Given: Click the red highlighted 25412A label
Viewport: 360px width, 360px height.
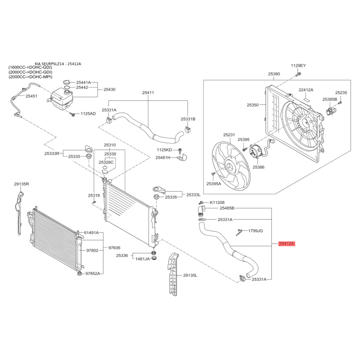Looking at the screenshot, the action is pyautogui.click(x=286, y=243).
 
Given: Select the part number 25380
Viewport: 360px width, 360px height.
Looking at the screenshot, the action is pyautogui.click(x=274, y=74).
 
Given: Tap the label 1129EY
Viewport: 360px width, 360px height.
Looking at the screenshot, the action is pyautogui.click(x=298, y=66).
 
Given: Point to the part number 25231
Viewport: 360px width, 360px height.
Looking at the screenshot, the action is pyautogui.click(x=229, y=135).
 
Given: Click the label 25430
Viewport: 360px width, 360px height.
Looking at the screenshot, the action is pyautogui.click(x=109, y=90).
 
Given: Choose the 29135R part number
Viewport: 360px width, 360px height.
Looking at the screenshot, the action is pyautogui.click(x=21, y=184).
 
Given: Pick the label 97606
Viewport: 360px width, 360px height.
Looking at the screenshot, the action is pyautogui.click(x=114, y=248).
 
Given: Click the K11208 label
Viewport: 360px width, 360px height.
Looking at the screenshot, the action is pyautogui.click(x=217, y=202).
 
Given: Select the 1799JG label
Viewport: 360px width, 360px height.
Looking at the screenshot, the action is pyautogui.click(x=256, y=231).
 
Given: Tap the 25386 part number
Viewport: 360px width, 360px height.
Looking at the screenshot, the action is pyautogui.click(x=258, y=167).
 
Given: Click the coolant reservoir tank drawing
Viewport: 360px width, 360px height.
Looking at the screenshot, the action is pyautogui.click(x=61, y=99).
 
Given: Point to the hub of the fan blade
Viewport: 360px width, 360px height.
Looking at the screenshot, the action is pyautogui.click(x=229, y=167).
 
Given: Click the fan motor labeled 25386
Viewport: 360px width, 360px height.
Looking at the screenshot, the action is pyautogui.click(x=255, y=152).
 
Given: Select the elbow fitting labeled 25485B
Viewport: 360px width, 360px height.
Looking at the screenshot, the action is pyautogui.click(x=201, y=211).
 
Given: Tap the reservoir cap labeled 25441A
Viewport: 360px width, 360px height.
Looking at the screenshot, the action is pyautogui.click(x=67, y=82).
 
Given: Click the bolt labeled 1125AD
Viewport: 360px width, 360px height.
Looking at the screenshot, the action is pyautogui.click(x=72, y=114).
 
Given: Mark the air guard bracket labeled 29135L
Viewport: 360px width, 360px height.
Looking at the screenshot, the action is pyautogui.click(x=173, y=273).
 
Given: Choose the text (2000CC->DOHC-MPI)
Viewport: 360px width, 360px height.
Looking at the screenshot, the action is pyautogui.click(x=30, y=77).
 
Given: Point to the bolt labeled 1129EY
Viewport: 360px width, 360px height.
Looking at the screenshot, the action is pyautogui.click(x=298, y=74).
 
